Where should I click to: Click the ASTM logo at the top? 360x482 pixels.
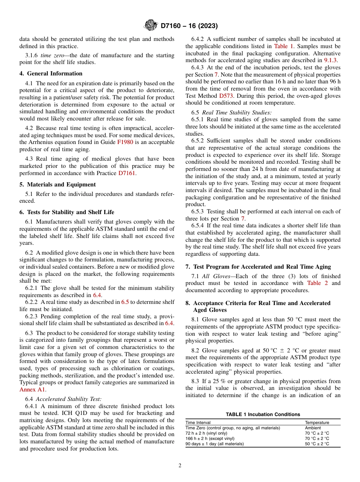coord(151,26)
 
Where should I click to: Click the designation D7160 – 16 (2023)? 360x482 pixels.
coord(189,26)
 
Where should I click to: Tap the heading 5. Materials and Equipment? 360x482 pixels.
coord(58,185)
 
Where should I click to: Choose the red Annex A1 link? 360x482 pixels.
coord(32,389)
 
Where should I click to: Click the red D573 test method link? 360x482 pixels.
coord(226,96)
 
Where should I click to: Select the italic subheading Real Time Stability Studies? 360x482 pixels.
coord(234,113)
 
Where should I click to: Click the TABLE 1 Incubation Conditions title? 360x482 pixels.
coord(263,414)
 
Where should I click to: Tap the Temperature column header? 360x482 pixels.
coord(317,423)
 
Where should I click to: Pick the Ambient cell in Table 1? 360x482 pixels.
coord(313,428)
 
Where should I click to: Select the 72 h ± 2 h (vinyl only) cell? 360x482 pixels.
coord(206,433)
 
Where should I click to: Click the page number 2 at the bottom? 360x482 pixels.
coord(180,466)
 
